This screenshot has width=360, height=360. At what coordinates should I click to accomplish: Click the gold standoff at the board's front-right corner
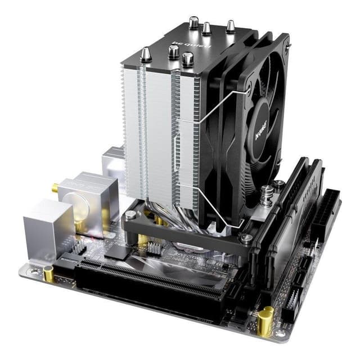pos(264,319)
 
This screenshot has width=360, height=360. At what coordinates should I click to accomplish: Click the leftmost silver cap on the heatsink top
pos(145,55)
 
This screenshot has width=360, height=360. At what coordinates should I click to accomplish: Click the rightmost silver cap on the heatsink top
pos(230,25)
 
